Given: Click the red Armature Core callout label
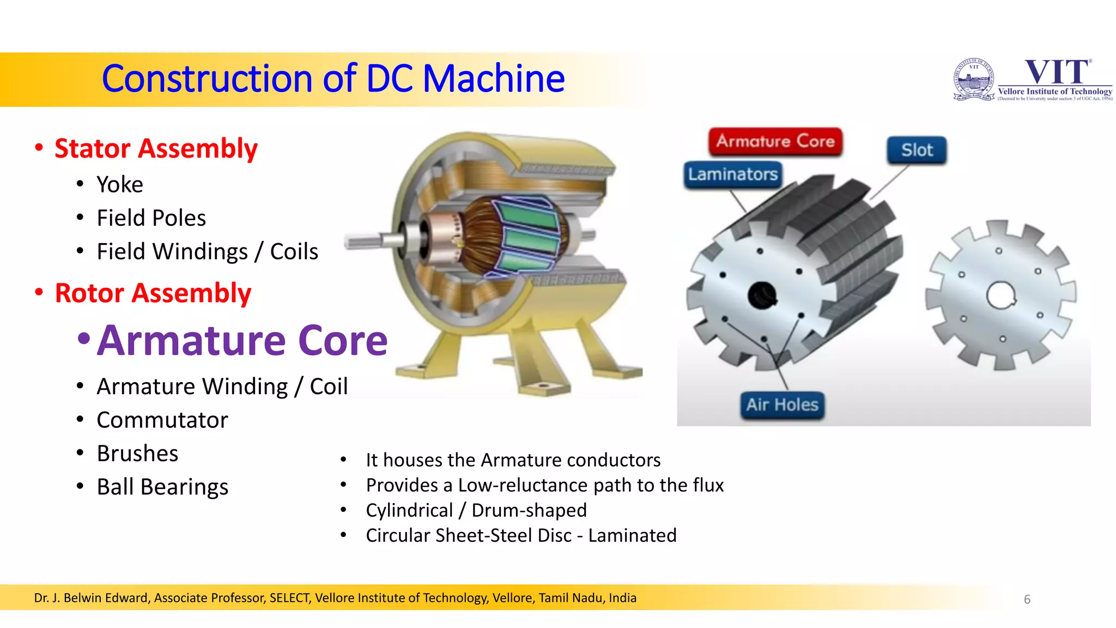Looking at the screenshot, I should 775,142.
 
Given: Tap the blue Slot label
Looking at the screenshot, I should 917,150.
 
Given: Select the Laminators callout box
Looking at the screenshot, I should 732,174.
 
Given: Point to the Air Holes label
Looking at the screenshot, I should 782,405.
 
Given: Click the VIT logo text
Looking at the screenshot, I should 1057,73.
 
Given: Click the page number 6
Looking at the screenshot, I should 1027,600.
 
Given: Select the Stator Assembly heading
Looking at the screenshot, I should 156,149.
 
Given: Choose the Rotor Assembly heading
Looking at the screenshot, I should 153,293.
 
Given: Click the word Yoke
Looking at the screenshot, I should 120,185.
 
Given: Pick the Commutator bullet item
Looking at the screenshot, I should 162,420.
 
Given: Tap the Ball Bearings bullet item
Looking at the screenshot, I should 162,487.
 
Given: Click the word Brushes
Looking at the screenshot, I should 137,454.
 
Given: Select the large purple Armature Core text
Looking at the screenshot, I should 242,341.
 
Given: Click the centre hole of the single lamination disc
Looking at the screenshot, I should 1001,295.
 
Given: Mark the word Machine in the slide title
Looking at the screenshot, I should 493,78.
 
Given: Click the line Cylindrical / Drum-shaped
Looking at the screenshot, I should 476,510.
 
